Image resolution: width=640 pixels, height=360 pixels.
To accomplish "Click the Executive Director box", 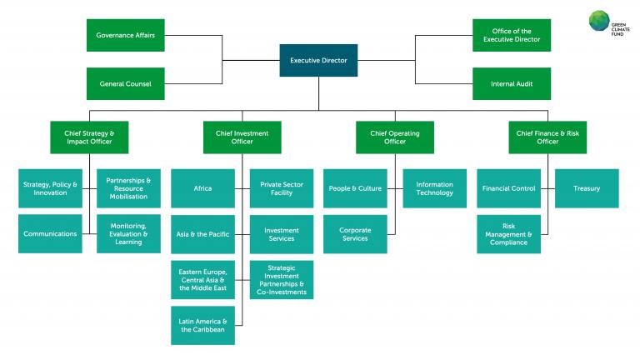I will tap(318, 60).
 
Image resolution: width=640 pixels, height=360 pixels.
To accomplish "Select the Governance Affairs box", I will tap(126, 36).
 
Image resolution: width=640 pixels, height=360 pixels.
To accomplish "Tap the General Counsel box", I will tap(126, 84).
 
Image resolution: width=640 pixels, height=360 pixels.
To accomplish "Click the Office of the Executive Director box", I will tap(512, 36).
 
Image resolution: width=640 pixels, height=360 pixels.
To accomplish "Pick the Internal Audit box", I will tap(512, 84).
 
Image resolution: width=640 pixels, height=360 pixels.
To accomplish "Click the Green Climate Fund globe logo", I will tap(601, 20).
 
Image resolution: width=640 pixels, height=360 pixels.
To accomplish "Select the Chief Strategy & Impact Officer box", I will tap(88, 137).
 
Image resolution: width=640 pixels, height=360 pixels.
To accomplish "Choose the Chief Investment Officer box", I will tap(242, 137).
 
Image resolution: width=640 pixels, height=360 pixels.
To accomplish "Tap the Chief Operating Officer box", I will tap(394, 137).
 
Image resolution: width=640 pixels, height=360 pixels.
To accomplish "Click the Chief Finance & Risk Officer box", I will tap(547, 137).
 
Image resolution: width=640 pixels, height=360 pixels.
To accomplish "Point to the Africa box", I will tap(202, 188).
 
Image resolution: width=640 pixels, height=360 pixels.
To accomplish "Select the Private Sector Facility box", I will tap(282, 188).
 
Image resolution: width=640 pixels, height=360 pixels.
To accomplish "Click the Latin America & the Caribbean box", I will tap(202, 325).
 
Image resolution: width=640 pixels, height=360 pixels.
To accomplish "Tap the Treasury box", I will tap(587, 188).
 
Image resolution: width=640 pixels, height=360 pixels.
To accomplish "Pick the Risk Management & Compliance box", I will tap(508, 234).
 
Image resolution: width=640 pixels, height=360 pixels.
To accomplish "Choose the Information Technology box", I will tap(435, 188).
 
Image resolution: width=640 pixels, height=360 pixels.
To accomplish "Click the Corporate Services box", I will tap(356, 234).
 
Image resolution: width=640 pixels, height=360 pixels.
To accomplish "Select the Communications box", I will tap(50, 234).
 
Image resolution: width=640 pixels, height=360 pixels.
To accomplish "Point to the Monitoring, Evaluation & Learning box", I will tap(128, 234).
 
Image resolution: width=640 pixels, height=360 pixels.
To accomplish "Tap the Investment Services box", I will tap(282, 234).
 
